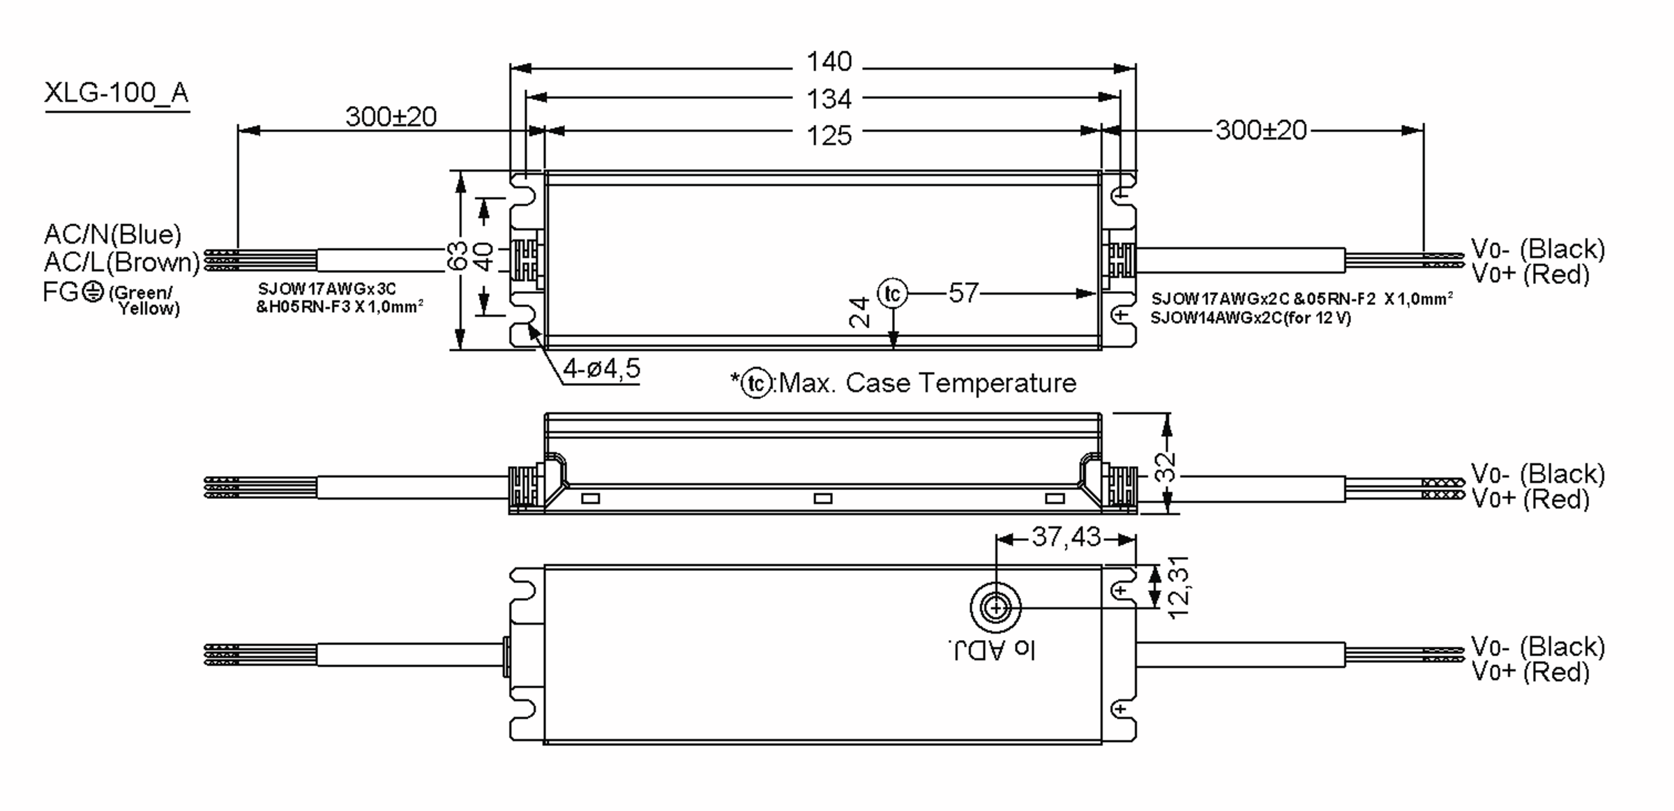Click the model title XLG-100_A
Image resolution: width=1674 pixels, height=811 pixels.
[x=116, y=93]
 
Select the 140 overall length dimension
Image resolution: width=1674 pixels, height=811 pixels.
[x=829, y=62]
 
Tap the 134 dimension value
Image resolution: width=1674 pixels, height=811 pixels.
[x=829, y=99]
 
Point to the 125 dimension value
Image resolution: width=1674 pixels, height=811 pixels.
[x=829, y=135]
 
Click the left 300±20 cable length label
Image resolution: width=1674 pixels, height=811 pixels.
[x=391, y=117]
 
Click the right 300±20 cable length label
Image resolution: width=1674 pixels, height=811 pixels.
[x=1260, y=131]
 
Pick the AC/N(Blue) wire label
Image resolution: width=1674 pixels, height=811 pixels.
[x=112, y=234]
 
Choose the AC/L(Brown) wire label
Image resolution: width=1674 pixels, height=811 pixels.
[x=121, y=262]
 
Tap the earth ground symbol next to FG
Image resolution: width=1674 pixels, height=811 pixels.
[x=93, y=292]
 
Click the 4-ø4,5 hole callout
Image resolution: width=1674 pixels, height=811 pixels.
[x=601, y=369]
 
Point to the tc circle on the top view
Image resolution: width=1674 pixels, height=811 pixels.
[x=892, y=294]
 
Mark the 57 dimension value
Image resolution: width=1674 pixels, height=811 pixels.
[x=963, y=293]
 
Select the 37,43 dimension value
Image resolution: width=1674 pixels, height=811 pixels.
[x=1066, y=537]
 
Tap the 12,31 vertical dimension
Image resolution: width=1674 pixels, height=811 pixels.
[x=1177, y=588]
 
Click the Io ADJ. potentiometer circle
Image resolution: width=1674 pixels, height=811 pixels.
[x=995, y=608]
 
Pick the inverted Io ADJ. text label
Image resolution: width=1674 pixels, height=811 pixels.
[x=992, y=650]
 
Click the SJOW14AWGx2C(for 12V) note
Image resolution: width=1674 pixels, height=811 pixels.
[x=1250, y=318]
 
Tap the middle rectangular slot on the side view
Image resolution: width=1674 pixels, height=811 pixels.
[x=823, y=498]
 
